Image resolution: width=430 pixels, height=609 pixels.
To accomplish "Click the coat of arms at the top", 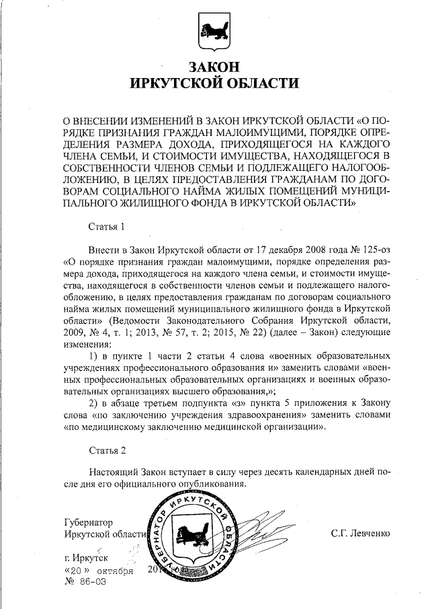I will click(x=214, y=30).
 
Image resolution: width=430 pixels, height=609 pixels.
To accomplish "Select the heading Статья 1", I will click(x=107, y=225).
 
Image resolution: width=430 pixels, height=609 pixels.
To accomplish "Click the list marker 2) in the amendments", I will click(x=94, y=402).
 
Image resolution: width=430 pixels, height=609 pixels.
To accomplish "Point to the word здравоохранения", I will click(x=259, y=414).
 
